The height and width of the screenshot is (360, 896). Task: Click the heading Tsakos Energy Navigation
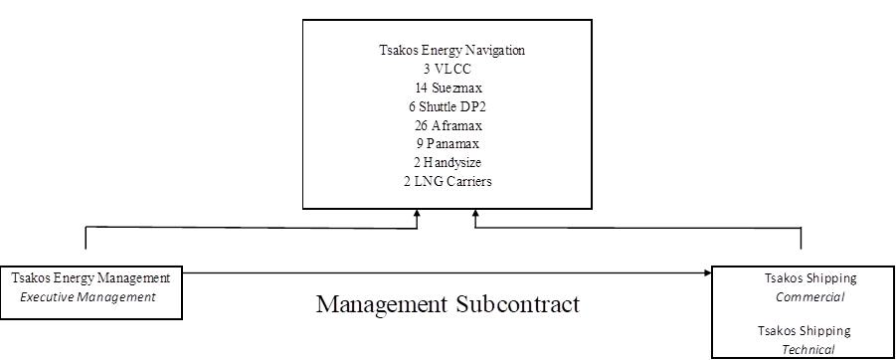pyautogui.click(x=452, y=51)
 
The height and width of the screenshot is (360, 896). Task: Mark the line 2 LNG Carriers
pyautogui.click(x=448, y=182)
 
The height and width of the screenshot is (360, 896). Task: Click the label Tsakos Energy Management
pyautogui.click(x=90, y=278)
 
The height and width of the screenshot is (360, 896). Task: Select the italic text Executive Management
pyautogui.click(x=88, y=297)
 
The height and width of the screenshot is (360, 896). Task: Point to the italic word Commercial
pyautogui.click(x=810, y=297)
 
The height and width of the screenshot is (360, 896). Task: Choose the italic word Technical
pyautogui.click(x=808, y=350)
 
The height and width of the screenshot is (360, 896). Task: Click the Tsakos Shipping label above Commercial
pyautogui.click(x=810, y=278)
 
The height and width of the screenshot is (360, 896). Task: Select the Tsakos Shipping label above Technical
pyautogui.click(x=804, y=331)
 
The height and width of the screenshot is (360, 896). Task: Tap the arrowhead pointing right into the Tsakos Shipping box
pyautogui.click(x=708, y=273)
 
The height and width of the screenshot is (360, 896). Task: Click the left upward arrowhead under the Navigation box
pyautogui.click(x=417, y=214)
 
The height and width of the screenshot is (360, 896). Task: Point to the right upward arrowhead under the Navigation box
pyautogui.click(x=475, y=214)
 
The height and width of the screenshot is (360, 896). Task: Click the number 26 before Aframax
pyautogui.click(x=422, y=125)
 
